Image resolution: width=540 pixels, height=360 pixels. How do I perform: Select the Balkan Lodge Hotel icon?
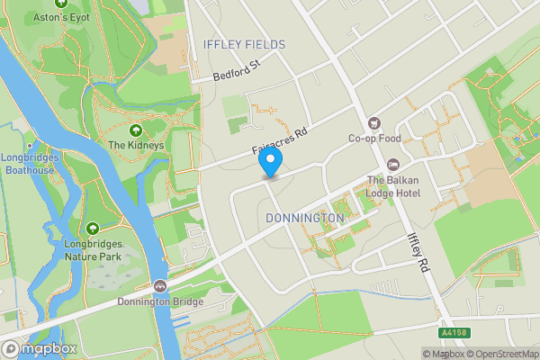click(392, 164)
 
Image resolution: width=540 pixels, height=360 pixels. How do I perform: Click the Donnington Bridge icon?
click(159, 286)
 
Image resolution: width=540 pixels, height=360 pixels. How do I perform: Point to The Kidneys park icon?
click(136, 130)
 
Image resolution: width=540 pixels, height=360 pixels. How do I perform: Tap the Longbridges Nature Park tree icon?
click(93, 228)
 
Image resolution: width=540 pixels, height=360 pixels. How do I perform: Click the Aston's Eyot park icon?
click(62, 3)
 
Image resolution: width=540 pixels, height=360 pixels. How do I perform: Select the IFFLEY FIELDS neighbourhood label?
click(244, 44)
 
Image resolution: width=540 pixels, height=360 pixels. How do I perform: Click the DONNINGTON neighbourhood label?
click(305, 218)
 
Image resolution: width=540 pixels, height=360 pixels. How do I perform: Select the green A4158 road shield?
click(454, 333)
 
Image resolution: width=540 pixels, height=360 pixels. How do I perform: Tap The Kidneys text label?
click(136, 145)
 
